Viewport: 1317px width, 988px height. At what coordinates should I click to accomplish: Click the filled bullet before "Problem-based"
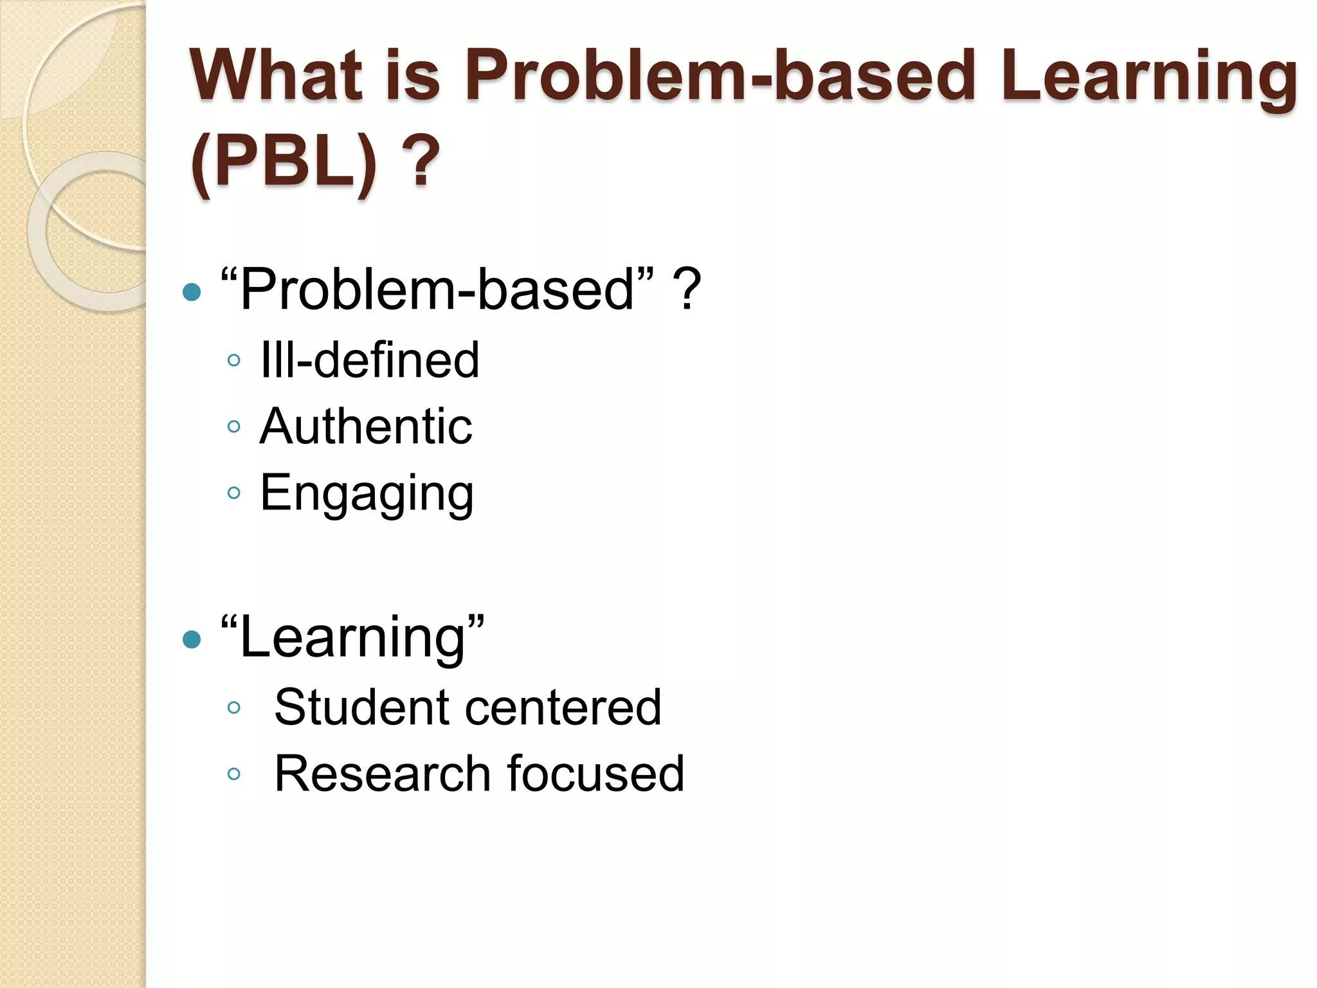tap(192, 293)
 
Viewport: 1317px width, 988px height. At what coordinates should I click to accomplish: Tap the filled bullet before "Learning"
tap(192, 639)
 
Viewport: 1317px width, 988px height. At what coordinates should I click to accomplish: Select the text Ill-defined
tap(370, 360)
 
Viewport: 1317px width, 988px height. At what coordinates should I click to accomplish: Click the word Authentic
tap(365, 426)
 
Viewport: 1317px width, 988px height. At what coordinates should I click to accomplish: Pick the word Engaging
tap(367, 494)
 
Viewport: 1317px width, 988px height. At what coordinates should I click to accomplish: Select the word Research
tap(383, 774)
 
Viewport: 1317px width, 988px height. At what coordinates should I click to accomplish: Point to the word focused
tap(595, 774)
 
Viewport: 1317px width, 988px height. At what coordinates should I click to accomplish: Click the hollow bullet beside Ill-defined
tap(234, 360)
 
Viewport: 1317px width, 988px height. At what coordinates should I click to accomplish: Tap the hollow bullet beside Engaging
tap(234, 493)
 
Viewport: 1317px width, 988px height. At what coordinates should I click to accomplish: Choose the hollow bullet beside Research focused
tap(234, 774)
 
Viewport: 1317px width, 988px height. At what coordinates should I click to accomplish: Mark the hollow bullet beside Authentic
tap(234, 426)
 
